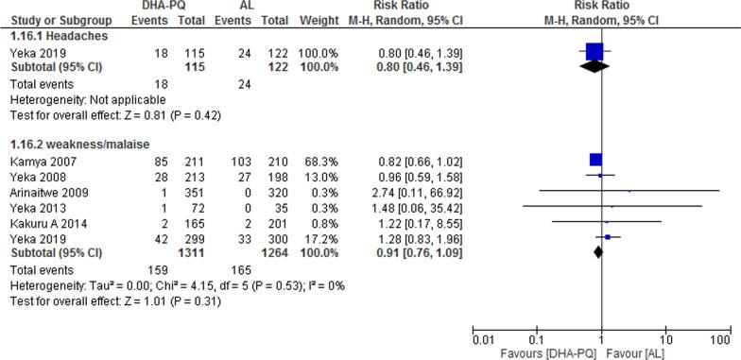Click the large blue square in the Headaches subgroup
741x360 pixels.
tap(594, 52)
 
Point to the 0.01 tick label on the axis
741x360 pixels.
tap(482, 338)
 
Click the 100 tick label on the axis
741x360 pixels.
tap(723, 338)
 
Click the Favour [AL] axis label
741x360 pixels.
tap(638, 352)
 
